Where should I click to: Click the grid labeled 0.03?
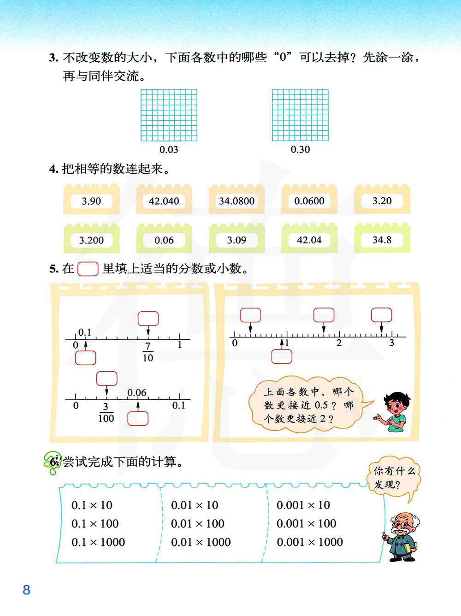(169, 115)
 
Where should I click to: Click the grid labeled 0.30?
(300, 115)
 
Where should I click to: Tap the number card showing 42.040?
(164, 201)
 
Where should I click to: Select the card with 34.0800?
(236, 201)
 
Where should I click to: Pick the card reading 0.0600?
(309, 201)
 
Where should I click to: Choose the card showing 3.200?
(91, 240)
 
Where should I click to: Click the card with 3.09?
(236, 240)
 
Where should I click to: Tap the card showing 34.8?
(382, 240)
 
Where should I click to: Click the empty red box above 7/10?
(148, 318)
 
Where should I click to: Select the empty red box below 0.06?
(138, 418)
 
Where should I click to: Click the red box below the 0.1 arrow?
(85, 358)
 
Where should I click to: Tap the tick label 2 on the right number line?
(339, 343)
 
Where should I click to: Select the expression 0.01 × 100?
(197, 524)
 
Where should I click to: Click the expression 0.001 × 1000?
(309, 542)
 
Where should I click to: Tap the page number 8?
(26, 590)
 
